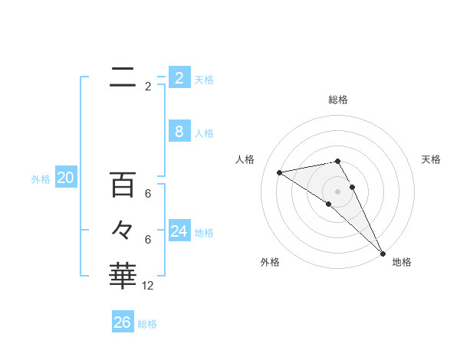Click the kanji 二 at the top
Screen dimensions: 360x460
123,77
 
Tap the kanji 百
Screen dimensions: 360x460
123,185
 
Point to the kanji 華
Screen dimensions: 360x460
123,275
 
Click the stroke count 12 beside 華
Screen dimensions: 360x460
148,286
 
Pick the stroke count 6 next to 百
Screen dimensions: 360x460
148,194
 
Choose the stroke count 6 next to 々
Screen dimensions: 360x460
148,239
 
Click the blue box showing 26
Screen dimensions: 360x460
123,322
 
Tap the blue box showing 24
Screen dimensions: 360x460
179,231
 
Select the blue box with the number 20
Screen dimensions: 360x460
66,178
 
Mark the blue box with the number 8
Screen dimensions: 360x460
179,132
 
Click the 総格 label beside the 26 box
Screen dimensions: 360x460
147,324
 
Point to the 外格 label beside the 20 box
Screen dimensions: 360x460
41,179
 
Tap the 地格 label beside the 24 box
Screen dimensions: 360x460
204,233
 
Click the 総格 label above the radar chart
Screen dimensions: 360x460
338,100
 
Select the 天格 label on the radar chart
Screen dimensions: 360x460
432,159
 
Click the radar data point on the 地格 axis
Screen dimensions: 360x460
383,253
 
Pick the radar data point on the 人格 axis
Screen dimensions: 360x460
280,172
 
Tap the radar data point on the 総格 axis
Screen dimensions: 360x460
337,161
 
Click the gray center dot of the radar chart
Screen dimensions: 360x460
337,191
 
